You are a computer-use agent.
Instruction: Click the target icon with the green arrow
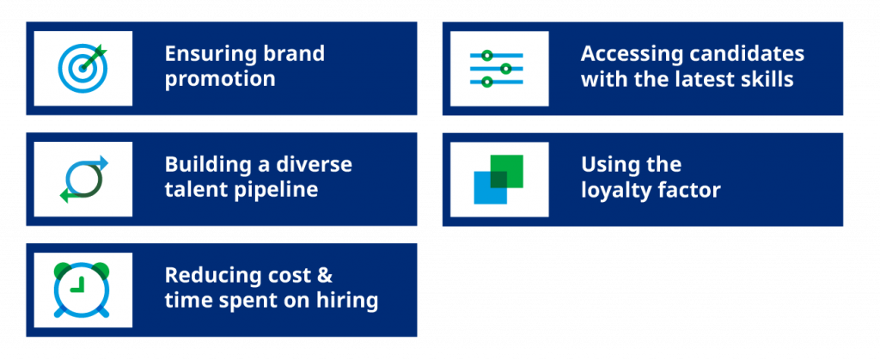tap(82, 68)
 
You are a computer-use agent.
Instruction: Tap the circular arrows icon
tap(82, 179)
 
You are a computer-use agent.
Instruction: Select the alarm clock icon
tap(82, 290)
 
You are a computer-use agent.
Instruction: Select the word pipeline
tap(277, 190)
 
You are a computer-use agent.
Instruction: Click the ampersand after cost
tap(324, 275)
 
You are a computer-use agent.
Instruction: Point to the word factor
tap(690, 190)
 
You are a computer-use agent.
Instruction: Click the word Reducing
tap(205, 275)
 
